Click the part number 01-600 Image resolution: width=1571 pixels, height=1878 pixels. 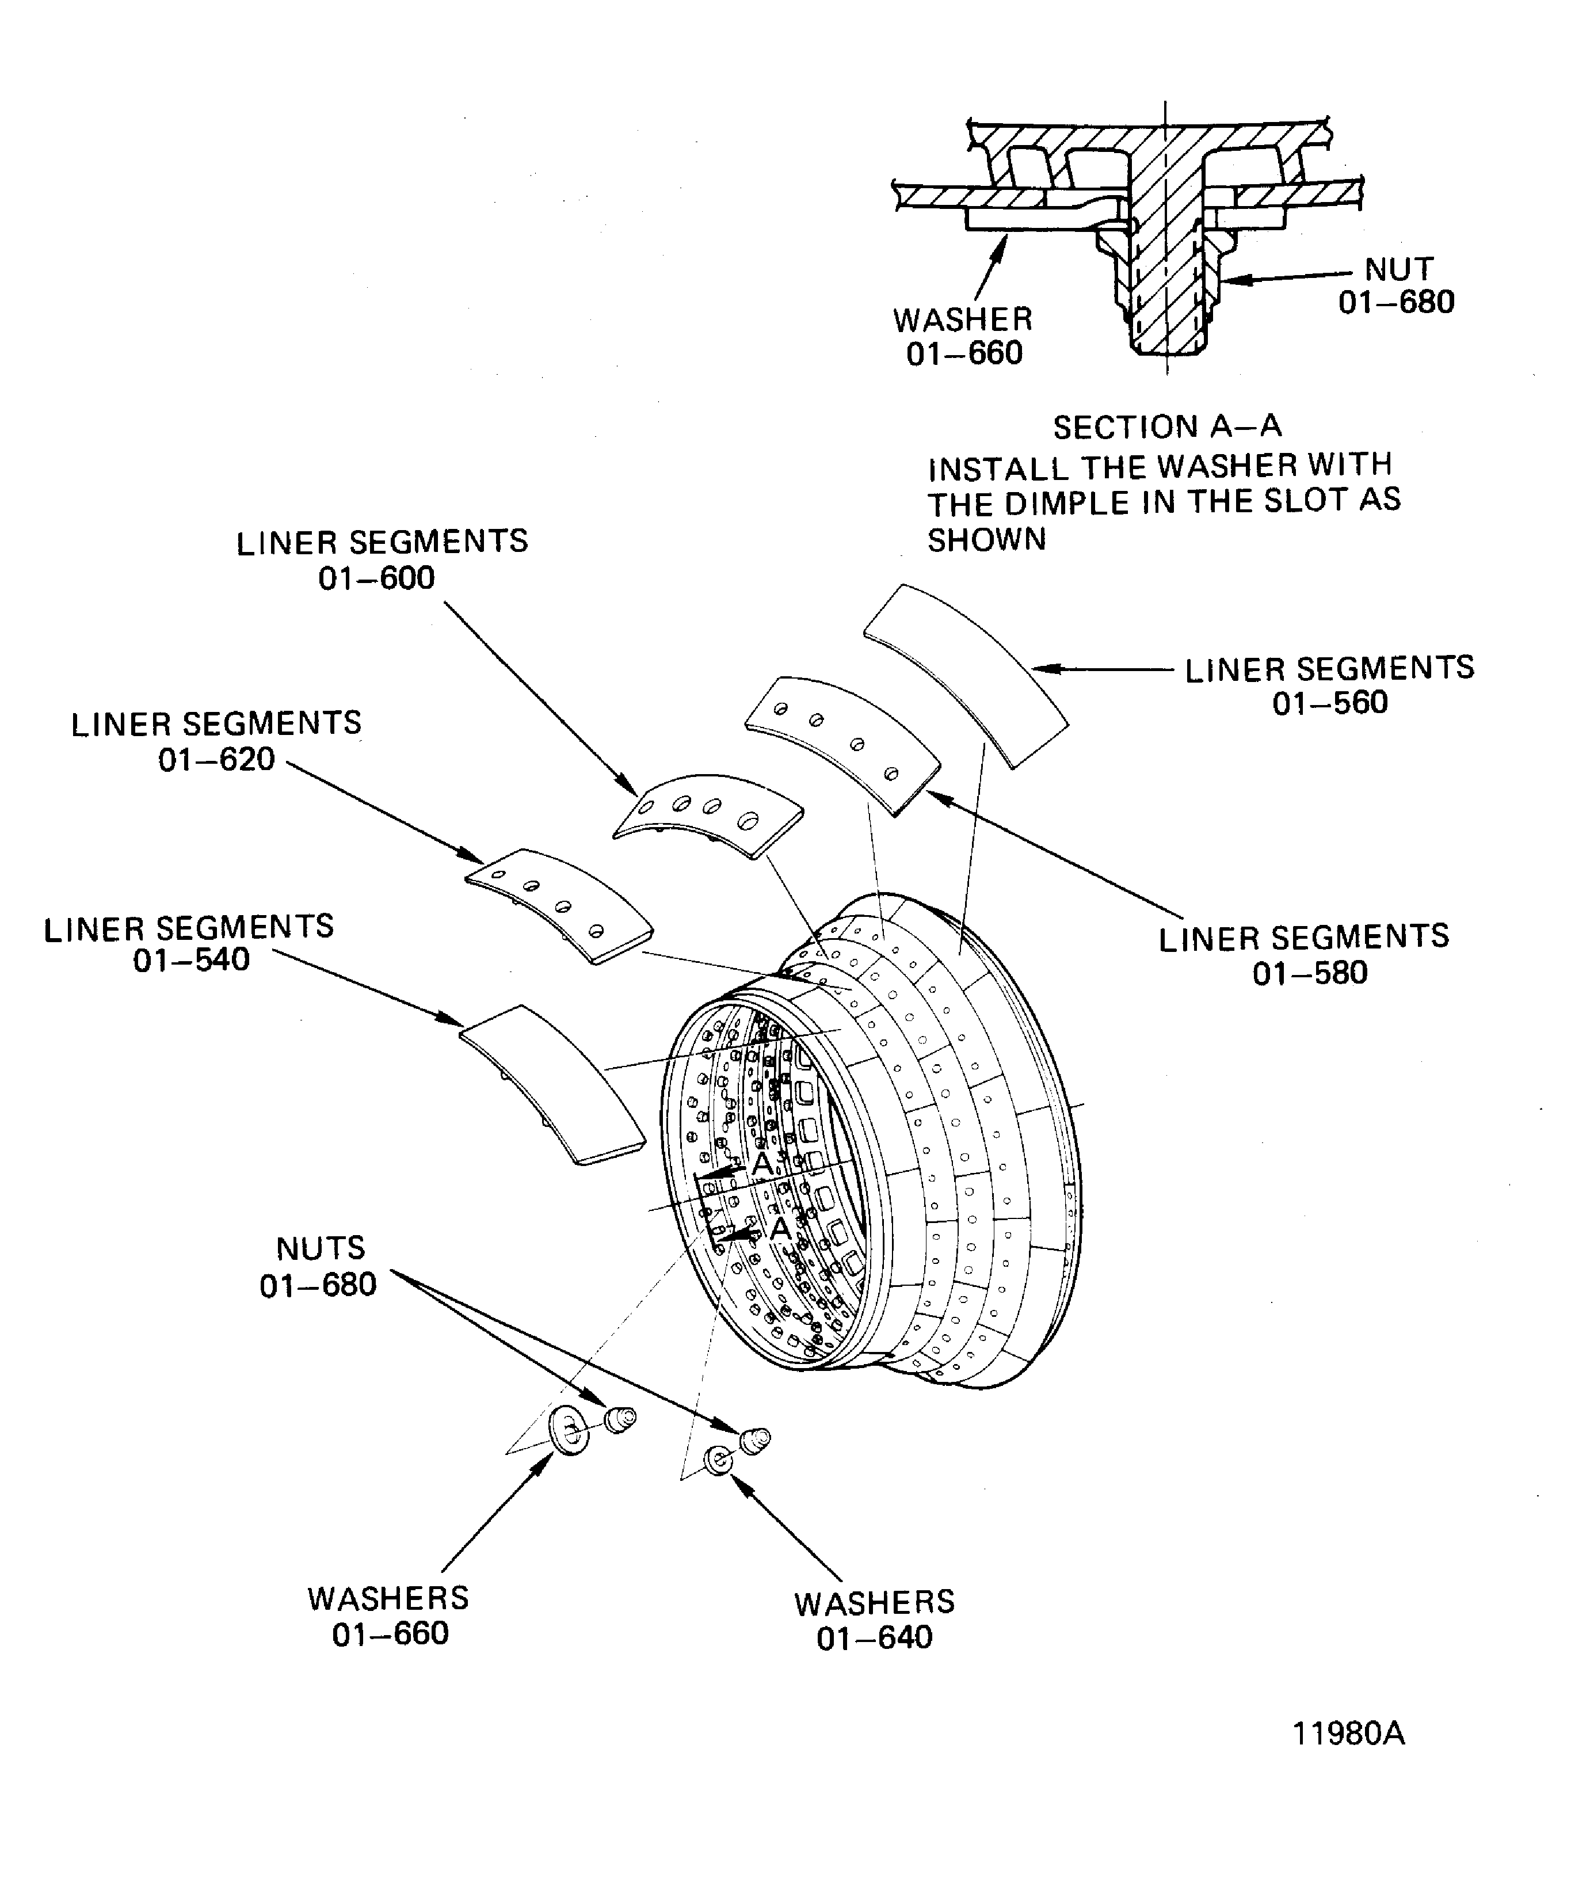[x=376, y=578]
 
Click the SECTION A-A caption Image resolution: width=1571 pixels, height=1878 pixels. [x=1167, y=428]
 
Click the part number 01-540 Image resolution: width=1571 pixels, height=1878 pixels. [x=192, y=961]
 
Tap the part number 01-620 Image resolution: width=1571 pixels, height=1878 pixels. [x=216, y=760]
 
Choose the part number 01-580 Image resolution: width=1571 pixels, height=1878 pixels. [x=1310, y=973]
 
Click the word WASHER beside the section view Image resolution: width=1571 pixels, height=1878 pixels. [x=962, y=320]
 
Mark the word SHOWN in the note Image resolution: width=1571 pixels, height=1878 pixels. [x=986, y=540]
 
